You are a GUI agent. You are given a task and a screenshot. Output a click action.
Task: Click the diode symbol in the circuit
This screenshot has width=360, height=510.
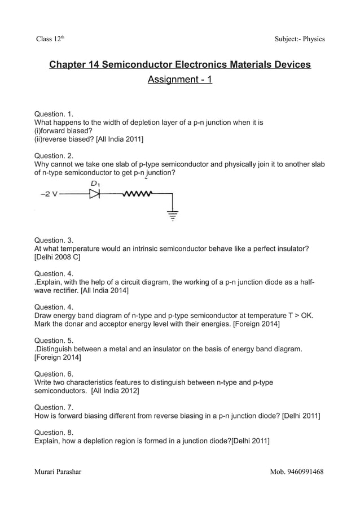94,195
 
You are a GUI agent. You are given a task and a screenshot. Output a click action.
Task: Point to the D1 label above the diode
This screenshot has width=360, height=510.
95,184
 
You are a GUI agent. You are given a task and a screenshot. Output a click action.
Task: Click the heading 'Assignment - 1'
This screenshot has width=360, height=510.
179,80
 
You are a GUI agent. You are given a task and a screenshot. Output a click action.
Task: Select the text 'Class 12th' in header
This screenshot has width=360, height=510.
52,39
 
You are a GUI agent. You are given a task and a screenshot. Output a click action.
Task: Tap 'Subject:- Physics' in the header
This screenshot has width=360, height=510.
299,39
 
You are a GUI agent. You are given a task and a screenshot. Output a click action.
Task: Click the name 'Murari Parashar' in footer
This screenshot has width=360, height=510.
58,472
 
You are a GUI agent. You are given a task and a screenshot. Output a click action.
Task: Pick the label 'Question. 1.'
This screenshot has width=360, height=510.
54,113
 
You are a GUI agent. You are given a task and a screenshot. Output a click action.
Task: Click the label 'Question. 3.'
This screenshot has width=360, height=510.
54,240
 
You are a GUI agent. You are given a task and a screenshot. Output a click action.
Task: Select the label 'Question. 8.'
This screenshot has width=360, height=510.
54,431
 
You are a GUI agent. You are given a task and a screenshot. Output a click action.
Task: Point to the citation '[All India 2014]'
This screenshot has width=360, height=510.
104,291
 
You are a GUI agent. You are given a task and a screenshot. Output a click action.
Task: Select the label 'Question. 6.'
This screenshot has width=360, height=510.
54,374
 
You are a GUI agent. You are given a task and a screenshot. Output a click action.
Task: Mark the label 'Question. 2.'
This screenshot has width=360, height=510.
54,155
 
